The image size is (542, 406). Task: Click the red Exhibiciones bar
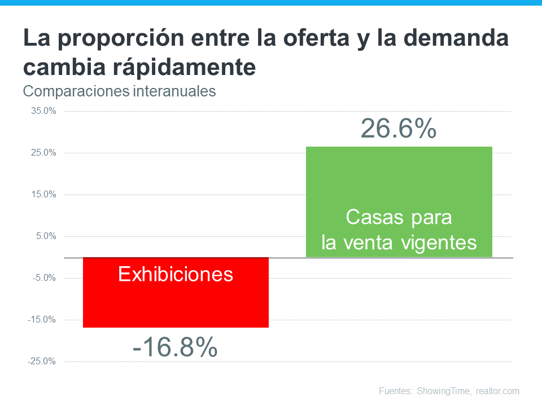176,304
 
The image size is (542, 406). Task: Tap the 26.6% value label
399,129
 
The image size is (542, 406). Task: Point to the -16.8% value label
175,347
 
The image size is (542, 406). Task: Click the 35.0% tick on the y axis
43,111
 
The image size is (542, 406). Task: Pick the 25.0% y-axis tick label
43,153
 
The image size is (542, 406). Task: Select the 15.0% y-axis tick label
43,195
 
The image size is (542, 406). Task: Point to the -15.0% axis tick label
42,320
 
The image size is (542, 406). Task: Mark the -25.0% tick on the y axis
42,361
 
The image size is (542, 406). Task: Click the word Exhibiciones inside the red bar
176,275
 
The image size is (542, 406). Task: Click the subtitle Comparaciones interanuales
119,91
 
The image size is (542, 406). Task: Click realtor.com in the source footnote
497,391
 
